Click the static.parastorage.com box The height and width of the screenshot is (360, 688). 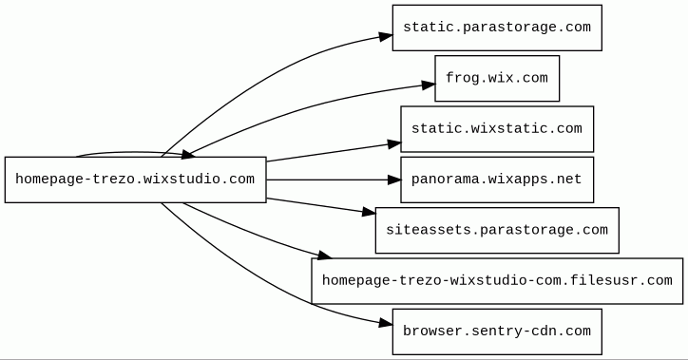497,28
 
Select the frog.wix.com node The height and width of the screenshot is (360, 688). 497,79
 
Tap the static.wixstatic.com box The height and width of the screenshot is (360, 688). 497,129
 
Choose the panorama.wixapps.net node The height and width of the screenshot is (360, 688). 497,180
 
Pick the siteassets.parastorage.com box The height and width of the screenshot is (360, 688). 497,230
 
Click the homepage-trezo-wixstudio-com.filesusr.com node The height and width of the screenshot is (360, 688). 497,281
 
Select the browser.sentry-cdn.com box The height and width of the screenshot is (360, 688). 497,332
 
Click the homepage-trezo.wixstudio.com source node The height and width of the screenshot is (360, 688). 136,180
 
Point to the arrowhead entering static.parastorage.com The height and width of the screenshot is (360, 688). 386,36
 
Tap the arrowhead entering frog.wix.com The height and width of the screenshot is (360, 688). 429,85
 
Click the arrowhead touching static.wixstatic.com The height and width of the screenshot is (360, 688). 394,143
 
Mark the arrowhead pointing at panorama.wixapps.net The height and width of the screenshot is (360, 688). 394,180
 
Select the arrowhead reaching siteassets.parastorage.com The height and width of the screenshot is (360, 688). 369,212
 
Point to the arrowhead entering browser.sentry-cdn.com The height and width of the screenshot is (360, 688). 386,324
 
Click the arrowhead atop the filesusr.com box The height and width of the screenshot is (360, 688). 324,255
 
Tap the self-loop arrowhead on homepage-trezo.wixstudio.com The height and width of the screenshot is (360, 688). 188,154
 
